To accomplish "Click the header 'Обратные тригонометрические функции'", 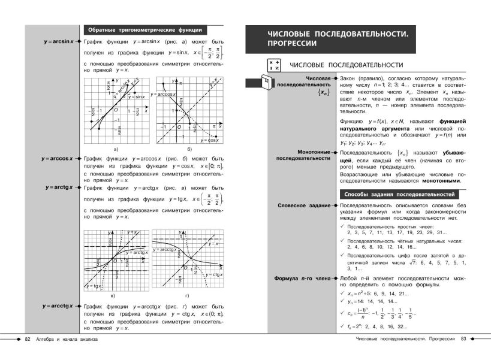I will tap(144, 30).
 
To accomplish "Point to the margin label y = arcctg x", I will tap(58, 306).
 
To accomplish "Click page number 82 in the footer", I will tap(26, 340).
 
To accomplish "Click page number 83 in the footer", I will tap(463, 340).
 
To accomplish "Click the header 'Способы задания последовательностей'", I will tap(400, 194).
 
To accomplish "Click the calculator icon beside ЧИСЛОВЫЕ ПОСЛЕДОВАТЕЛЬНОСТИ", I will tap(273, 65).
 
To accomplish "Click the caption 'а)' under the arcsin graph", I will tap(115, 148).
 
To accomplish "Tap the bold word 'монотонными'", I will tap(441, 180).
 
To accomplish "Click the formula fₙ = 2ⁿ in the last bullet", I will tap(357, 327).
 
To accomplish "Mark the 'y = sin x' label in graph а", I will tap(135, 96).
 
